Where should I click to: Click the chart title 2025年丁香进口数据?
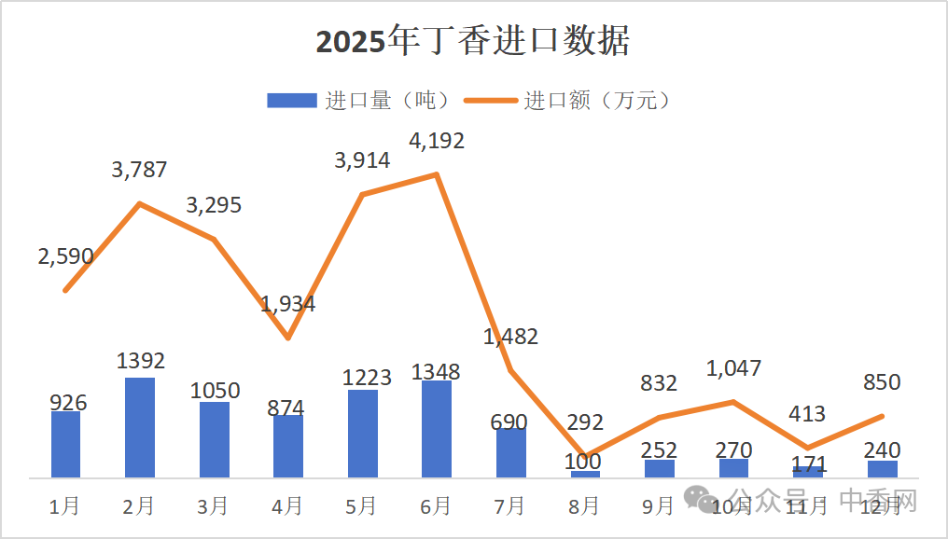473,42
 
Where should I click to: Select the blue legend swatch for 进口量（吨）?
291,101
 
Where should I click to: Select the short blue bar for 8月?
585,474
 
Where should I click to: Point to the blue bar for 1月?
65,444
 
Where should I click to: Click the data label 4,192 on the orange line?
437,142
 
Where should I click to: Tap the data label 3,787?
139,170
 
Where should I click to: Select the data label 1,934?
287,304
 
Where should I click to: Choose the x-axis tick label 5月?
361,506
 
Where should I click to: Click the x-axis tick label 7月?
509,506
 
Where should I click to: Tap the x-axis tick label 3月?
213,506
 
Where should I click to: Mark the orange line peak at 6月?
436,174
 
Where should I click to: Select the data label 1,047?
733,368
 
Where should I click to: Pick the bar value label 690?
509,422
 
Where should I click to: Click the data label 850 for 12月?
882,382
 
